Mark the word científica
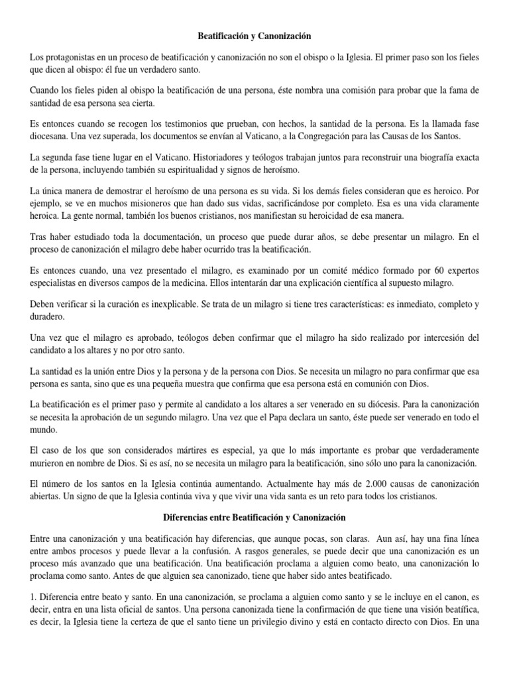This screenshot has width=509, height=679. click(355, 283)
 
